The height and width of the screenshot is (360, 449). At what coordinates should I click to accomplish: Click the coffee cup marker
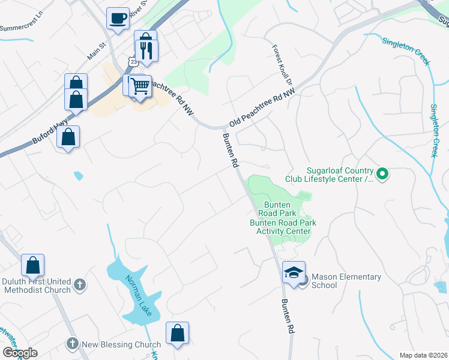[x=118, y=17]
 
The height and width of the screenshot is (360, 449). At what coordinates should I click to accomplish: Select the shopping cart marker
[x=140, y=86]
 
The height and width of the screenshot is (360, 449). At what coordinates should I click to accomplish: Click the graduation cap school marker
[x=294, y=272]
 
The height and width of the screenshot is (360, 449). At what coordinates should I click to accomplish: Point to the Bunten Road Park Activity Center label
[x=283, y=227]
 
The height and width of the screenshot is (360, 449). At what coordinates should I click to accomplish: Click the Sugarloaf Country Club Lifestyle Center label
[x=340, y=175]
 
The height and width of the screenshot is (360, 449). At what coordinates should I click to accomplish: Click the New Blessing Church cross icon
[x=72, y=344]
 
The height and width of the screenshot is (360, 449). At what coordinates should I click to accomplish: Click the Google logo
[x=20, y=353]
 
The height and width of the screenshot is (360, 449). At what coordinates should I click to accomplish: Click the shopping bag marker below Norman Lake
[x=177, y=334]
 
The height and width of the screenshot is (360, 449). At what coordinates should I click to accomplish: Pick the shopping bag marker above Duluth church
[x=32, y=265]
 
